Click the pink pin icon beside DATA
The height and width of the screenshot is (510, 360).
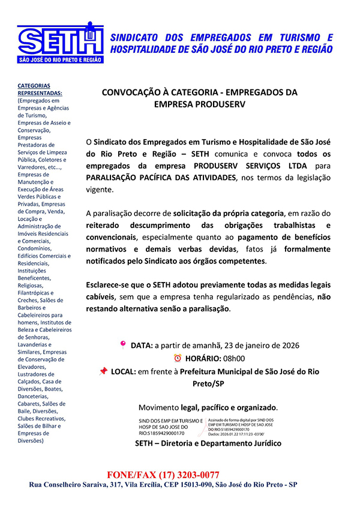click(123, 345)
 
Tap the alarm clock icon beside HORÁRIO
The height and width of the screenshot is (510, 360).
click(177, 358)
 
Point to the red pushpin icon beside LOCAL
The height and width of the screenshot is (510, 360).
click(103, 371)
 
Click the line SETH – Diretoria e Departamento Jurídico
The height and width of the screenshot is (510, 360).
click(208, 443)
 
